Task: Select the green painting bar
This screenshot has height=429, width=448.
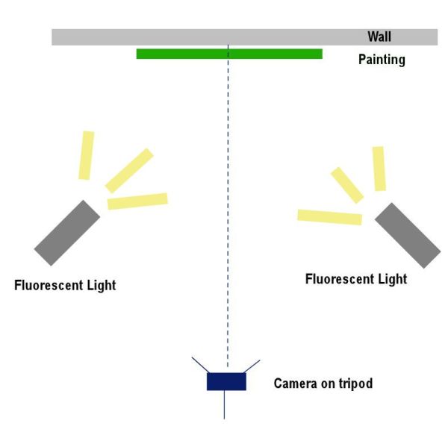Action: click(187, 54)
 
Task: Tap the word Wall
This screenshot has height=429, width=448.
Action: click(379, 36)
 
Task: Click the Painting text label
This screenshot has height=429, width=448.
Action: click(381, 60)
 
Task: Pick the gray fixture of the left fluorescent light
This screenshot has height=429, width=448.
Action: click(66, 232)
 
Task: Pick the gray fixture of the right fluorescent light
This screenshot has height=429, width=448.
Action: click(408, 234)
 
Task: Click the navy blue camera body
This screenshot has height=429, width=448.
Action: click(226, 381)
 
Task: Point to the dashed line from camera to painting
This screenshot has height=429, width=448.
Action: click(228, 224)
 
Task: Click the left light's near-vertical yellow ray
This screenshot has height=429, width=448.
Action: click(87, 155)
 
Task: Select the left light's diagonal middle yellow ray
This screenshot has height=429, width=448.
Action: click(129, 170)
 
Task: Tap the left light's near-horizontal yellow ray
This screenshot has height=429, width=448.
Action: click(137, 201)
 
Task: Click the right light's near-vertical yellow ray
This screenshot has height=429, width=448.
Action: click(379, 169)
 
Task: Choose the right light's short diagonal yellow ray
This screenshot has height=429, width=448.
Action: click(347, 185)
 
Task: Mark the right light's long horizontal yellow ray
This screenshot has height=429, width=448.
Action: click(329, 217)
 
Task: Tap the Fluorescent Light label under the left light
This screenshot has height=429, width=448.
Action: click(65, 285)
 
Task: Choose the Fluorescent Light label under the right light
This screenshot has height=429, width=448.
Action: click(356, 279)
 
